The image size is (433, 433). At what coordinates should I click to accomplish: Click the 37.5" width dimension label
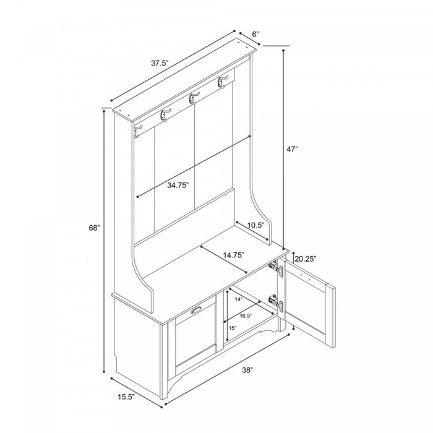pyautogui.click(x=160, y=63)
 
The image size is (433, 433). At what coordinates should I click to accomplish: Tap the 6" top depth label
pyautogui.click(x=255, y=34)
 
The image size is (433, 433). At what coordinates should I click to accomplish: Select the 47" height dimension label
pyautogui.click(x=292, y=149)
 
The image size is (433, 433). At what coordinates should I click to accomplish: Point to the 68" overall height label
pyautogui.click(x=94, y=228)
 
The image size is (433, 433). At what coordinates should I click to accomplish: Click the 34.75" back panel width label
pyautogui.click(x=178, y=185)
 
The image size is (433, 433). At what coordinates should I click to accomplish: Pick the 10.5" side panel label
pyautogui.click(x=255, y=225)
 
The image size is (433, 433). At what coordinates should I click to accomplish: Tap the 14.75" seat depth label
pyautogui.click(x=234, y=255)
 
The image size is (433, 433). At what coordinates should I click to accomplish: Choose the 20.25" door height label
pyautogui.click(x=305, y=259)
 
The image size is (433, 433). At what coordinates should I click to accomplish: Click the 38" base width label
pyautogui.click(x=247, y=370)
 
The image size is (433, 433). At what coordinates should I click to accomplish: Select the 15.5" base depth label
pyautogui.click(x=126, y=397)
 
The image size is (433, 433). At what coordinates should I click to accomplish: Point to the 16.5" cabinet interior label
pyautogui.click(x=246, y=316)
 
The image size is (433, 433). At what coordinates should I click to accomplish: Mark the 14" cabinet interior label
pyautogui.click(x=239, y=299)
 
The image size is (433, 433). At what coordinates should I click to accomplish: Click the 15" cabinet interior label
pyautogui.click(x=233, y=328)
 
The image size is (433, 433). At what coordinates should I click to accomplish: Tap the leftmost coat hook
pyautogui.click(x=137, y=131)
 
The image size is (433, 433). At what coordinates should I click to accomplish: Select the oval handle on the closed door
pyautogui.click(x=196, y=310)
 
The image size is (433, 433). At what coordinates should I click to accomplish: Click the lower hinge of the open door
pyautogui.click(x=276, y=303)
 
